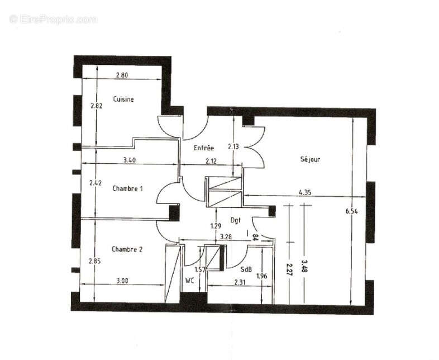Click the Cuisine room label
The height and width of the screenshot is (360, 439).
click(x=123, y=99)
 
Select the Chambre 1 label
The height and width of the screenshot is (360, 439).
click(x=127, y=188)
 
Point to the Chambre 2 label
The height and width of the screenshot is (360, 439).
click(x=127, y=249)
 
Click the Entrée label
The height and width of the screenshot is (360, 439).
click(x=204, y=148)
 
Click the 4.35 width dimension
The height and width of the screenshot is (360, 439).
click(x=305, y=192)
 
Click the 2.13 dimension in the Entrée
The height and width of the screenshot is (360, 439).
click(x=233, y=146)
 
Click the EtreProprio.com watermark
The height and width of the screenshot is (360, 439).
click(x=54, y=19)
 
